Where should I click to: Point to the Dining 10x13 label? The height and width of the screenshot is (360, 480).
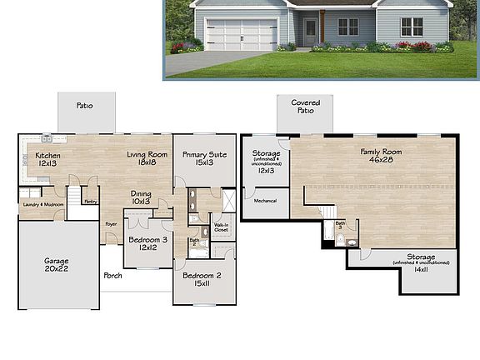point(141,197)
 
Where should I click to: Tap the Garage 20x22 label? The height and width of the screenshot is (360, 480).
point(57,265)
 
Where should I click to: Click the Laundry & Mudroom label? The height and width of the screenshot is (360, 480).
point(42,203)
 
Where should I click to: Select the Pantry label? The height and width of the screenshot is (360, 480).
point(91,201)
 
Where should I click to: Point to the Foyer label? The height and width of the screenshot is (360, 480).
point(111,223)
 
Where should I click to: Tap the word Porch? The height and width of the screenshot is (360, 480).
point(112,276)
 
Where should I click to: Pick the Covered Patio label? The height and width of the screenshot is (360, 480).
point(305,107)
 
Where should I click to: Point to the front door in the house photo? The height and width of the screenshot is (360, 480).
point(310,32)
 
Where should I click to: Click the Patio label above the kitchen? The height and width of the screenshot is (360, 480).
point(84,106)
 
